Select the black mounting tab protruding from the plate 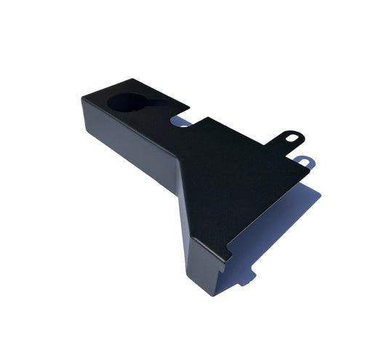coord(289,137)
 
